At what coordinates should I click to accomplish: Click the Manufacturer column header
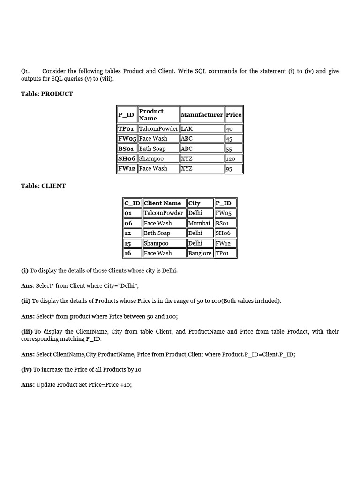[202, 115]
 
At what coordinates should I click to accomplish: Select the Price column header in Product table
[233, 115]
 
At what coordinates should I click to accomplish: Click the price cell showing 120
[233, 158]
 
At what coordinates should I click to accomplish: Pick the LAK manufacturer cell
[202, 128]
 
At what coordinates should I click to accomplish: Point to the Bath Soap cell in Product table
[158, 149]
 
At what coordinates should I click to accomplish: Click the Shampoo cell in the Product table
[158, 158]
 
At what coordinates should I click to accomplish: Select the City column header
[200, 203]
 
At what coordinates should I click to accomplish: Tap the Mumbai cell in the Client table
[200, 223]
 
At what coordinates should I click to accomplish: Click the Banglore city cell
[200, 253]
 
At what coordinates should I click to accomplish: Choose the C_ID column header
[133, 203]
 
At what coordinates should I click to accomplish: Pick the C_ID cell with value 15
[133, 243]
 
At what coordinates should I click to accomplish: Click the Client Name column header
[164, 203]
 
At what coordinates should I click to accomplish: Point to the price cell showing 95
[233, 169]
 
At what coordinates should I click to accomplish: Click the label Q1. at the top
[25, 71]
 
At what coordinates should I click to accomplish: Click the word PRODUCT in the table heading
[57, 94]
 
